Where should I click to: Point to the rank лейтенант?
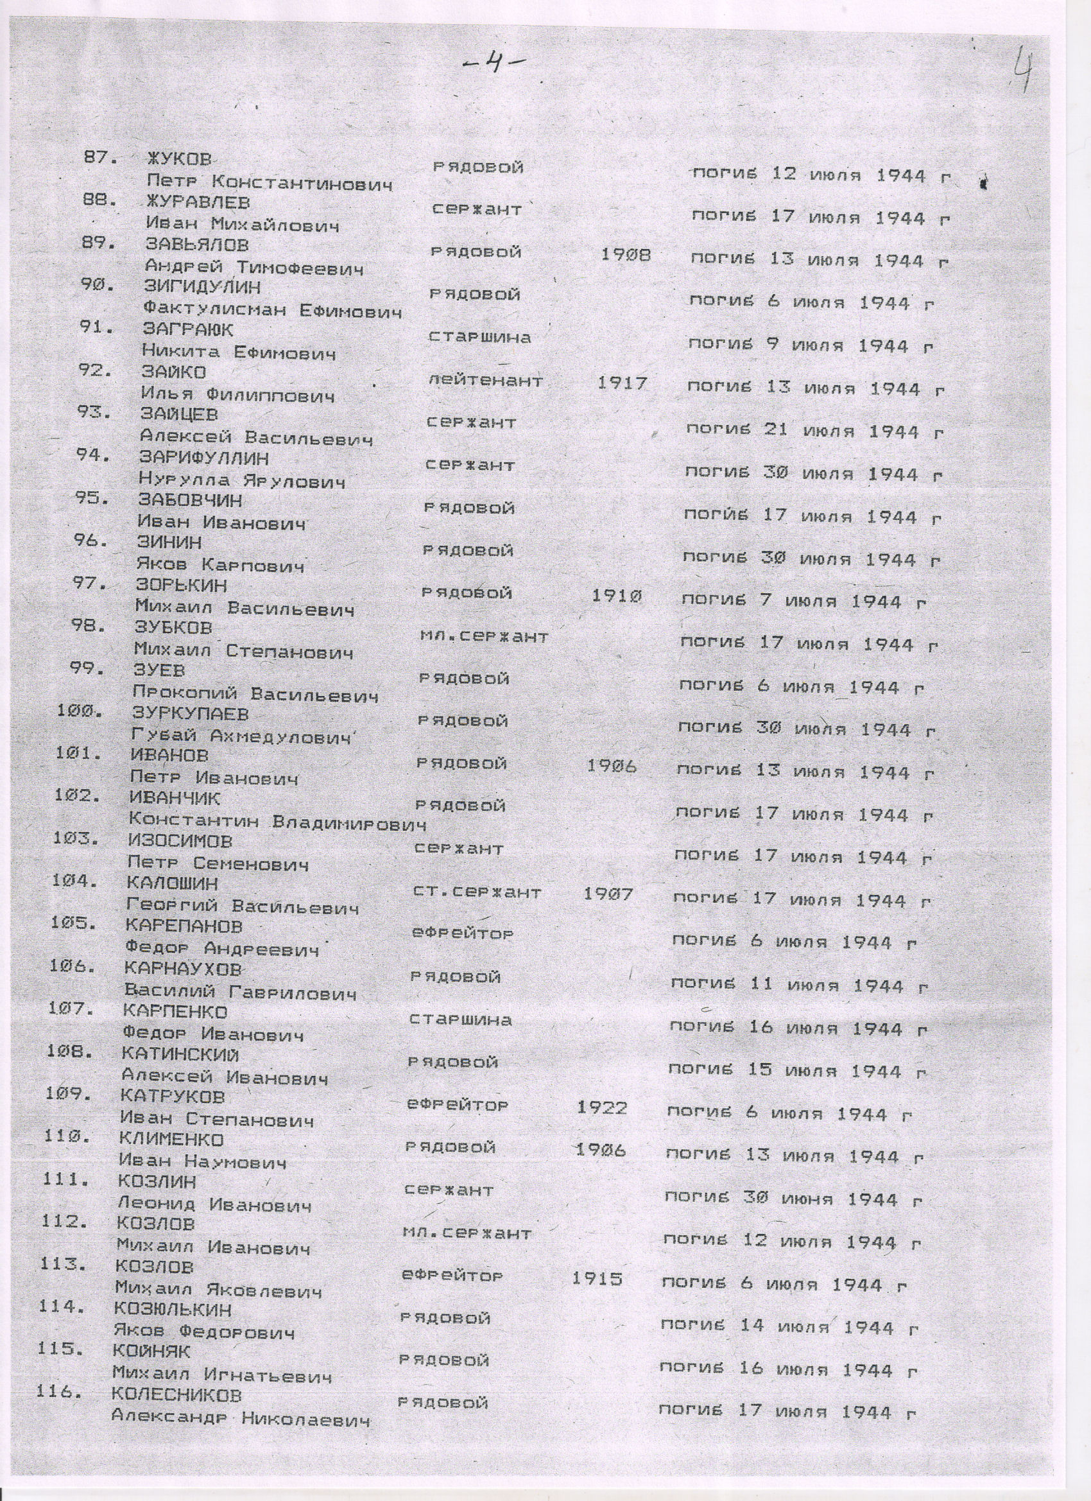486,381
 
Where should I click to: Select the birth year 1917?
622,383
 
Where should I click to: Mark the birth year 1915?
597,1278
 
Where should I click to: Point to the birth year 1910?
615,596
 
